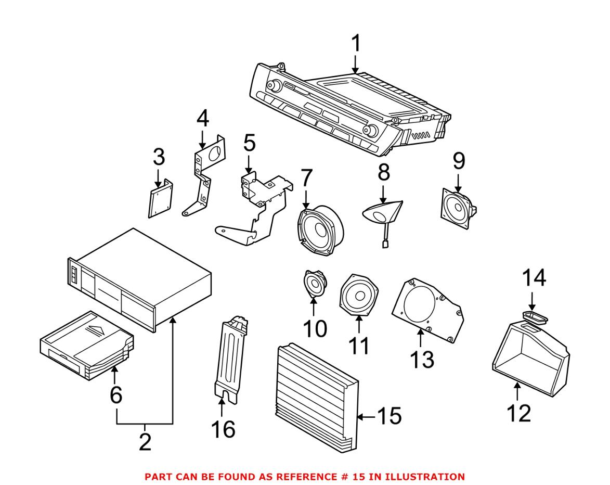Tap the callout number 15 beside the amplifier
389,416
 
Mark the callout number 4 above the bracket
202,119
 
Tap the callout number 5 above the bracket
249,142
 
